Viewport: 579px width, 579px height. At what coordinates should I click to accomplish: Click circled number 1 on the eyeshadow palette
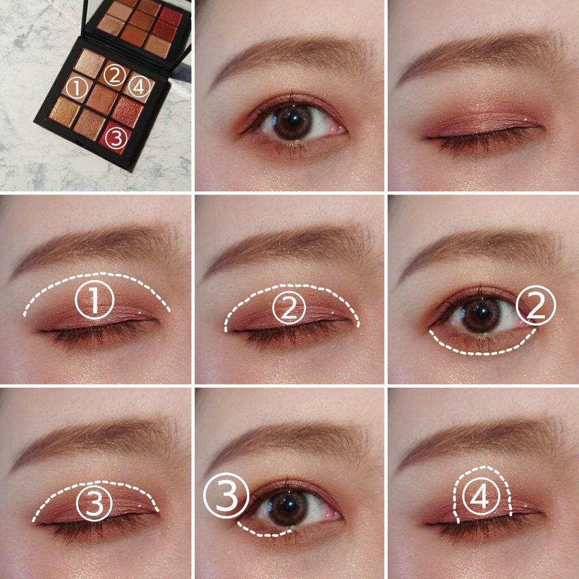click(76, 88)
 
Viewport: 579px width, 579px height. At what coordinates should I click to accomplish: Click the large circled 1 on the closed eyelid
click(94, 301)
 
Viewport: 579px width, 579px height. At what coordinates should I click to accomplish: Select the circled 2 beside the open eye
click(535, 306)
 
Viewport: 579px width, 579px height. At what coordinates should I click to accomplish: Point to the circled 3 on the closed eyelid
click(95, 503)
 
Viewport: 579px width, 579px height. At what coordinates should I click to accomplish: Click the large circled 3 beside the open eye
click(226, 496)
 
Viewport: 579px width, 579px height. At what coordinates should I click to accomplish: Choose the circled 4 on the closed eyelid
click(482, 498)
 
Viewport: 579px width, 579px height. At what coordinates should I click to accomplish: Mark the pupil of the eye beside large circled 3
click(288, 503)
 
